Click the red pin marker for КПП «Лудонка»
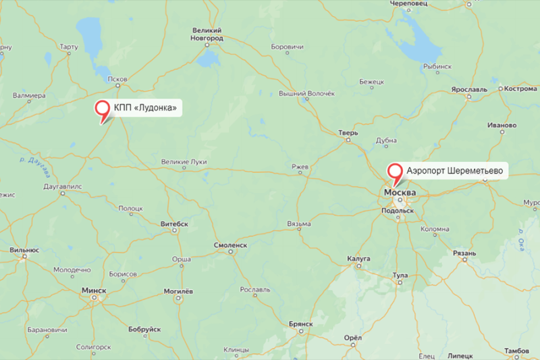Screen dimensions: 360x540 click(x=103, y=109)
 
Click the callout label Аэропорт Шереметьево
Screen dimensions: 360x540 click(x=455, y=172)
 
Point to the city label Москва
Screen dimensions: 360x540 click(x=400, y=193)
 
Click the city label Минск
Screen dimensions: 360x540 click(x=93, y=290)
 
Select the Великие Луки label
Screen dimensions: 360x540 click(x=184, y=161)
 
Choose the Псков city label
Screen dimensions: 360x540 click(x=117, y=79)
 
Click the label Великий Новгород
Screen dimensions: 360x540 click(x=207, y=34)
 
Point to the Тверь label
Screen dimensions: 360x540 click(x=348, y=132)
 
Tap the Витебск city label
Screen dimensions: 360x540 click(x=174, y=223)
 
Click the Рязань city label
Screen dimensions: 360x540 click(x=465, y=253)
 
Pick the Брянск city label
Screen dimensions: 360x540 click(x=300, y=324)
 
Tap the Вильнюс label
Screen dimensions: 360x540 click(x=24, y=249)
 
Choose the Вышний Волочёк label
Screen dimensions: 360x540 click(x=306, y=94)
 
